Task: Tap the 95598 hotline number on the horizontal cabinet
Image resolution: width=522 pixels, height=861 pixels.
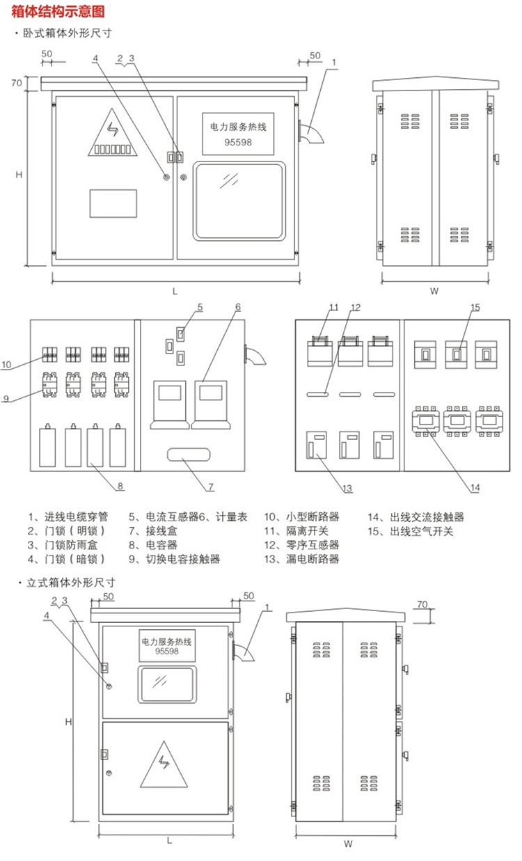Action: (237, 141)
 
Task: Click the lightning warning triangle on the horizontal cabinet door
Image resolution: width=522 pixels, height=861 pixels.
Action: (112, 132)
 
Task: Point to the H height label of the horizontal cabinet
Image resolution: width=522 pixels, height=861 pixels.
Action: (20, 175)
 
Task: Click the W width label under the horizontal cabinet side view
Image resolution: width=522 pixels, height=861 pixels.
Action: (434, 292)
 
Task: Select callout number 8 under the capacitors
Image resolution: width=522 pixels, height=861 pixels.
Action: (120, 487)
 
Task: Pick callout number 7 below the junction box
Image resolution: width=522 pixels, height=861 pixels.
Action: (212, 485)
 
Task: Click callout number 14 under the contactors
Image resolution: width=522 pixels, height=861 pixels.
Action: (474, 488)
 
